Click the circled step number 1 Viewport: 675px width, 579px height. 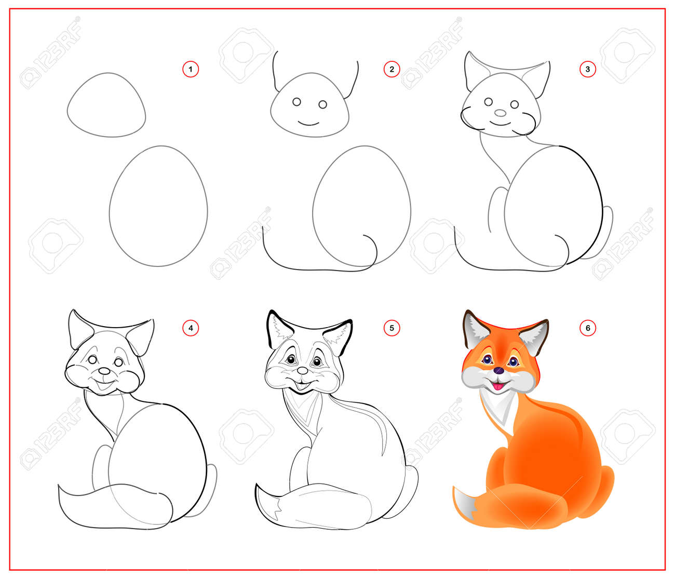click(x=191, y=69)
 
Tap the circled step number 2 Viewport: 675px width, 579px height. click(x=392, y=69)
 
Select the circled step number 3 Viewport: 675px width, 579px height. click(x=587, y=69)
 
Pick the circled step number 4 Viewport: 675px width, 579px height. click(x=191, y=328)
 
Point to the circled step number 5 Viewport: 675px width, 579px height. click(x=392, y=328)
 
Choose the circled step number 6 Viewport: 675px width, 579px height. click(x=587, y=328)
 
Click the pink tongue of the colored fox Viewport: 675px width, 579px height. click(x=498, y=386)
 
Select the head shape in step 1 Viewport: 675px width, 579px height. click(x=106, y=106)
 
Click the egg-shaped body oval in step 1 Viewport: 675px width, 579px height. click(x=158, y=207)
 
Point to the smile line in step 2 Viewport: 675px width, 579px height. click(x=309, y=123)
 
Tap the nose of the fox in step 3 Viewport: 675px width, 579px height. click(x=500, y=113)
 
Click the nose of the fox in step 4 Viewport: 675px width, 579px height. click(x=105, y=372)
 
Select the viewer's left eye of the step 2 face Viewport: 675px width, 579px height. click(x=296, y=102)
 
